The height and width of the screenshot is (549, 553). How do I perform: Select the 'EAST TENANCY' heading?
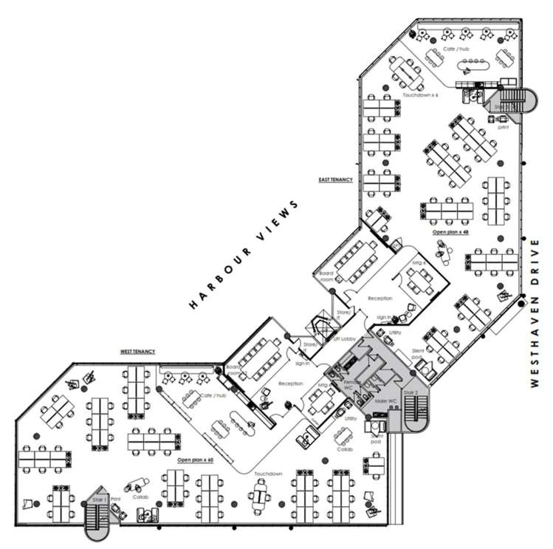336,180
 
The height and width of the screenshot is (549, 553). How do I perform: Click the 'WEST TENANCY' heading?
138,352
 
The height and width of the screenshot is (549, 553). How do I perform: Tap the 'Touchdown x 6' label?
420,96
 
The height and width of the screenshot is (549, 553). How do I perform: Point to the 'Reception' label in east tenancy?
379,299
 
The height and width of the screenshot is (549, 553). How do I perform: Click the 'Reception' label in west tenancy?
291,383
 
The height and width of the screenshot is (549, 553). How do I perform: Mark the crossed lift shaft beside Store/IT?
322,326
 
